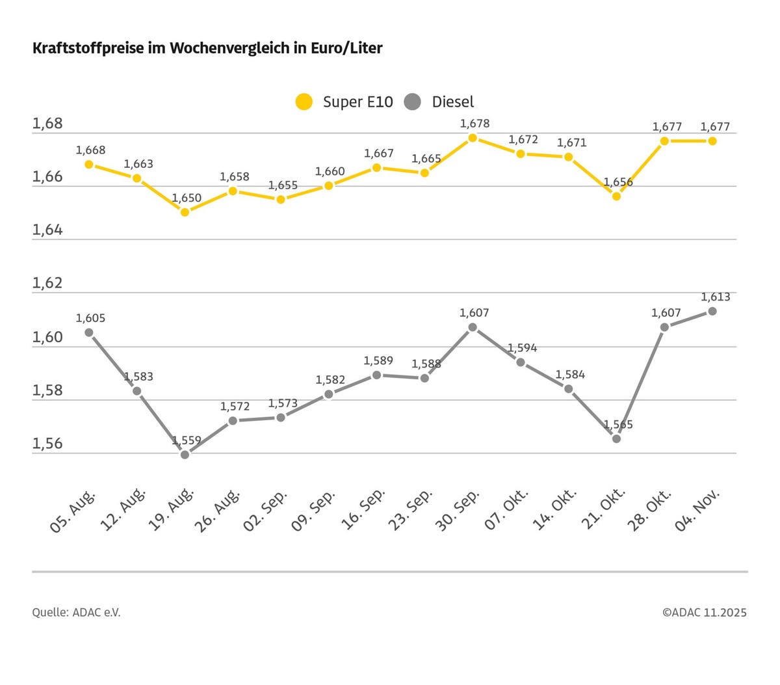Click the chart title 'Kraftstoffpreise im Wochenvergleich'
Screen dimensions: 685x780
click(207, 48)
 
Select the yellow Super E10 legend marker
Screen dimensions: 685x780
click(304, 101)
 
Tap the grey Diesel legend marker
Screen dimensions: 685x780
click(413, 101)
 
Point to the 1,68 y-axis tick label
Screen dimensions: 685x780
click(47, 124)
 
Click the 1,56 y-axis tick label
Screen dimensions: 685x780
click(47, 444)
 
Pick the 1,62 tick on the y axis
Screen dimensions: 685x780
click(47, 284)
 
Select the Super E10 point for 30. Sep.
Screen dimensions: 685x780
click(473, 138)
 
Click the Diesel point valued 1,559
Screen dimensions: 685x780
click(185, 455)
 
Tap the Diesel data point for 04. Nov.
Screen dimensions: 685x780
click(712, 311)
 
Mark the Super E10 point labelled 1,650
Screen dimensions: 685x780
click(185, 212)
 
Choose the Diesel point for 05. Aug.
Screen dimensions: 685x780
click(89, 332)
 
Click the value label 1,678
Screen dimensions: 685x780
click(474, 124)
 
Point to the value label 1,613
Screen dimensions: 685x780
click(715, 297)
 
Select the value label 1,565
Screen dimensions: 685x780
click(618, 425)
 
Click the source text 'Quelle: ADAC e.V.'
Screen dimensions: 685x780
click(76, 613)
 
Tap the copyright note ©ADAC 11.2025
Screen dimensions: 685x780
click(704, 613)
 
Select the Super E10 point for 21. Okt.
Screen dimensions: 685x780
click(616, 196)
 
